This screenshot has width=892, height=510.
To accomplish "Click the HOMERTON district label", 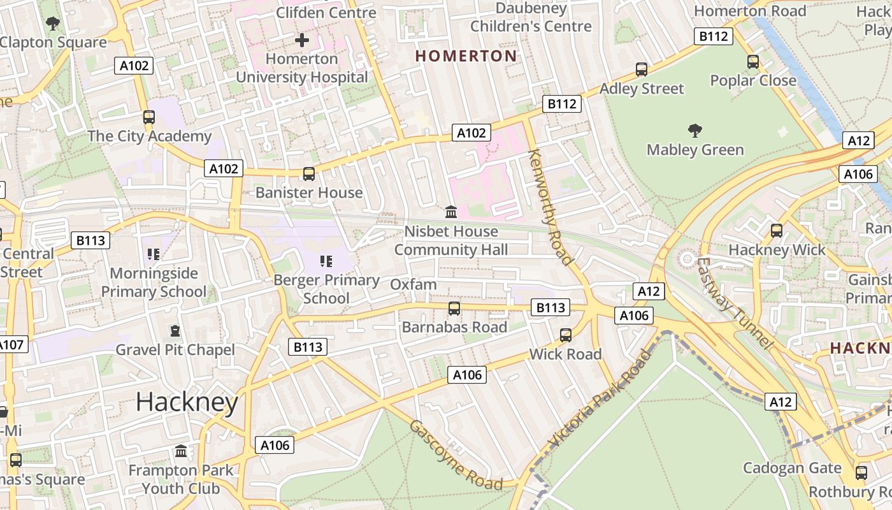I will point(466,56).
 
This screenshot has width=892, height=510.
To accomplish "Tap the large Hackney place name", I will point(187,402).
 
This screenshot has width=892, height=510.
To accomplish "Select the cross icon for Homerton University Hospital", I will point(302,40).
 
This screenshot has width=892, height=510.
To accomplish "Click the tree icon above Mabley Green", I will point(695,131).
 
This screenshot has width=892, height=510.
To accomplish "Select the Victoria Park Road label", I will point(600,400).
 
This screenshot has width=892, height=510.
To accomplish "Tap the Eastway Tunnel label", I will point(734,303).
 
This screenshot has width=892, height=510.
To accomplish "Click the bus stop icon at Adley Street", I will point(642,69).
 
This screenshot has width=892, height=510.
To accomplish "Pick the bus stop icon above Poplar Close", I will point(753,62).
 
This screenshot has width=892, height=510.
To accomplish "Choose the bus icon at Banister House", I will point(309,173).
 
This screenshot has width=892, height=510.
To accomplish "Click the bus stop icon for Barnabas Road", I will point(454,309).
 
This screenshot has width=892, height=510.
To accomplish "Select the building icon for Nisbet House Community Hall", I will point(451,212).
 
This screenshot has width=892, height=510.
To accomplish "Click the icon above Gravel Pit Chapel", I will point(175,331).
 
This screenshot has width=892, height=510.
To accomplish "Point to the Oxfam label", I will point(414,284).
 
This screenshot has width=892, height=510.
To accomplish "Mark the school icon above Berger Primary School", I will point(326,261).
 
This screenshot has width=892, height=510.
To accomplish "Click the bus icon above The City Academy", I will point(149,117).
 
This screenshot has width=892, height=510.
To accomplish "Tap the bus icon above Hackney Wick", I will point(776,231).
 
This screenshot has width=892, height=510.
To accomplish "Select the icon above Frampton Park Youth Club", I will point(181,451).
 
